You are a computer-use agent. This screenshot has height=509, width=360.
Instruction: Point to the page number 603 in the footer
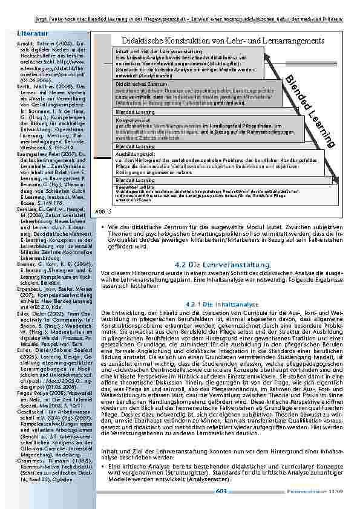pyautogui.click(x=221, y=491)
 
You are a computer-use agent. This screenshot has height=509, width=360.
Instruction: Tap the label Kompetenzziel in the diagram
pyautogui.click(x=129, y=120)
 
